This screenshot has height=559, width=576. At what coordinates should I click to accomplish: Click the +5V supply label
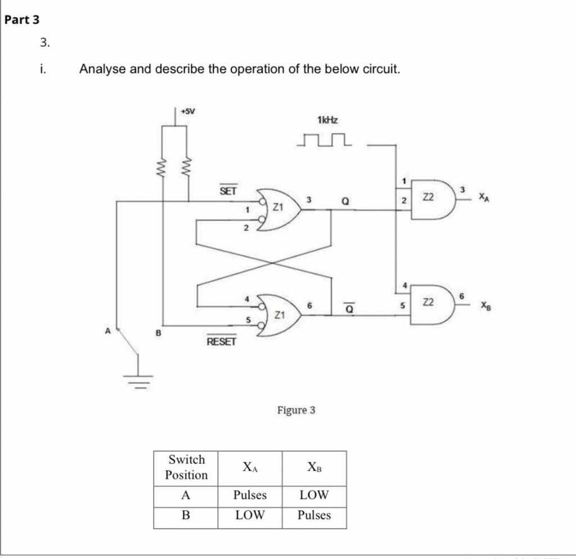[x=187, y=111]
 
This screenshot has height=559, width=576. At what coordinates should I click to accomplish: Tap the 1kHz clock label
[x=327, y=120]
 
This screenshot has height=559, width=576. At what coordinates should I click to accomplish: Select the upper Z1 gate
[x=279, y=209]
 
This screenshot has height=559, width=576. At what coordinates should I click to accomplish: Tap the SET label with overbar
[x=228, y=191]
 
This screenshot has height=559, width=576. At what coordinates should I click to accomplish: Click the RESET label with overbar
[x=221, y=341]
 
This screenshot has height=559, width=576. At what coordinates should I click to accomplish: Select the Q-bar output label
[x=349, y=307]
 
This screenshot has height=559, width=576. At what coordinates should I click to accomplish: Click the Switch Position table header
[x=186, y=467]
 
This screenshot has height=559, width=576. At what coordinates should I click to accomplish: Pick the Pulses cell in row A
[x=250, y=495]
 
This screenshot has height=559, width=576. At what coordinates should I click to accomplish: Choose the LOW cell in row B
[x=250, y=516]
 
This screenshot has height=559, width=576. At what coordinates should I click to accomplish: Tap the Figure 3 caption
[x=296, y=411]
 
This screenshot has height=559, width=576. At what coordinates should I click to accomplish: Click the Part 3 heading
[x=22, y=20]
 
